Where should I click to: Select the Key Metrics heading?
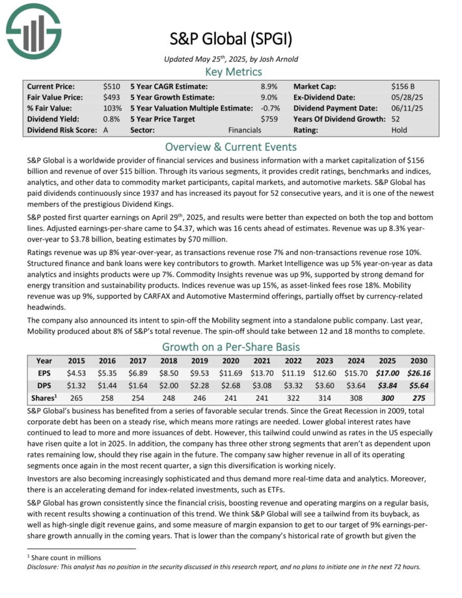(x=230, y=72)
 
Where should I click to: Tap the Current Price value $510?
(x=111, y=86)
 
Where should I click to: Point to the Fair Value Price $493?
(x=111, y=97)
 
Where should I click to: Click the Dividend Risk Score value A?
(x=106, y=129)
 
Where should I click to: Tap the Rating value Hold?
(x=400, y=129)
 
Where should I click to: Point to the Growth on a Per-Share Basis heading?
(x=230, y=347)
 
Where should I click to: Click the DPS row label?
(x=44, y=386)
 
